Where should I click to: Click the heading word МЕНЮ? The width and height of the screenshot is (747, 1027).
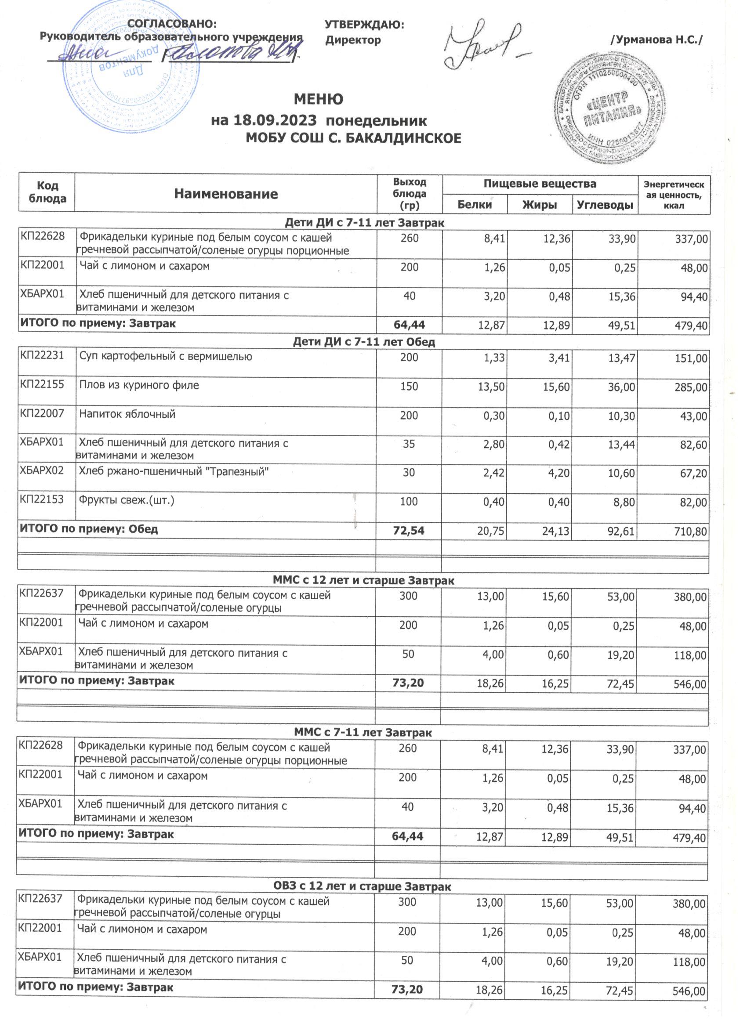tap(319, 99)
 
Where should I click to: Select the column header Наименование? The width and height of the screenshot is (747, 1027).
tap(225, 194)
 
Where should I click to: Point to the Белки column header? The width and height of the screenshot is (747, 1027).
tap(474, 205)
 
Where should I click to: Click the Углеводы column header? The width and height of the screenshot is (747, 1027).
tap(604, 205)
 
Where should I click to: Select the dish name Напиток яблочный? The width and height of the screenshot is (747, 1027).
tap(127, 414)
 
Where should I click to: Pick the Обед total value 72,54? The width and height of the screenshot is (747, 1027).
tap(409, 530)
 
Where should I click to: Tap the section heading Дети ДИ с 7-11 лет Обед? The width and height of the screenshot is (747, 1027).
tap(364, 342)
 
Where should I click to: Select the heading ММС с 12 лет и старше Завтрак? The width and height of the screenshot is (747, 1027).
tap(363, 580)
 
